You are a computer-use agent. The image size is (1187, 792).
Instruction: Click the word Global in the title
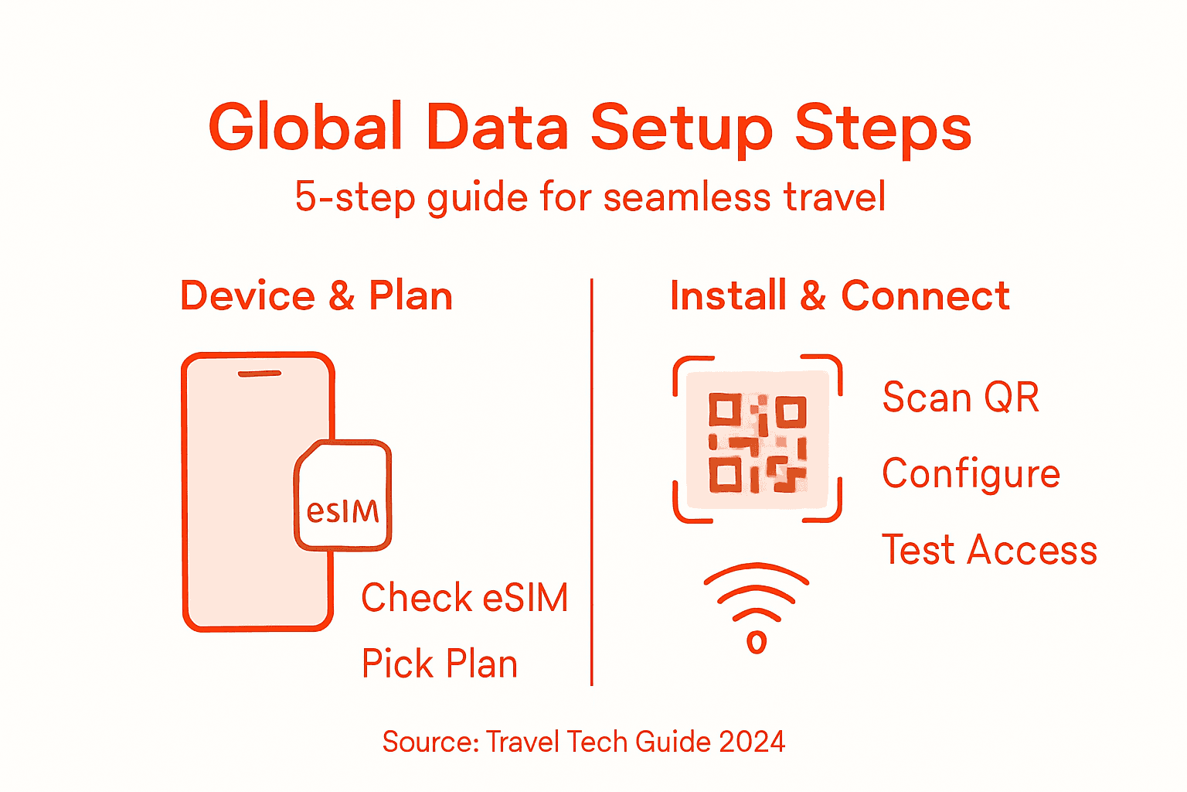click(306, 128)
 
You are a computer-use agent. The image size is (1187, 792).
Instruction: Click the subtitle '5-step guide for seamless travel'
click(590, 197)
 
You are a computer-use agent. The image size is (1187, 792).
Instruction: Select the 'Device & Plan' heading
click(316, 296)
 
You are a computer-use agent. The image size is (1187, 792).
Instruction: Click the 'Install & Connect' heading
click(840, 296)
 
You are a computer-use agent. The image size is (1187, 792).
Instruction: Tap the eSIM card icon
click(343, 496)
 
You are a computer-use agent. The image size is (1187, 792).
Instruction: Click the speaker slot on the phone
click(259, 374)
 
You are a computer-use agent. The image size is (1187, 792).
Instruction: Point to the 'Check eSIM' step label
click(464, 598)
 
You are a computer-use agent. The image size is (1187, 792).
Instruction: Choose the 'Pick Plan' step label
click(440, 664)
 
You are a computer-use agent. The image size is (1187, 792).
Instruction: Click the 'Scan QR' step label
click(961, 398)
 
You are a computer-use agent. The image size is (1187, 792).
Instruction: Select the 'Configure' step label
click(971, 474)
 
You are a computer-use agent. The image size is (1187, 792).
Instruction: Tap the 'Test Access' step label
click(989, 550)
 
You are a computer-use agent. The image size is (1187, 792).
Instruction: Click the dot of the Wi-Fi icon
click(757, 642)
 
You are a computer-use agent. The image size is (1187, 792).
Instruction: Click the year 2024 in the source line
click(752, 742)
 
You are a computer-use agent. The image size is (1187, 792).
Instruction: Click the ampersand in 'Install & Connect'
click(813, 296)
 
